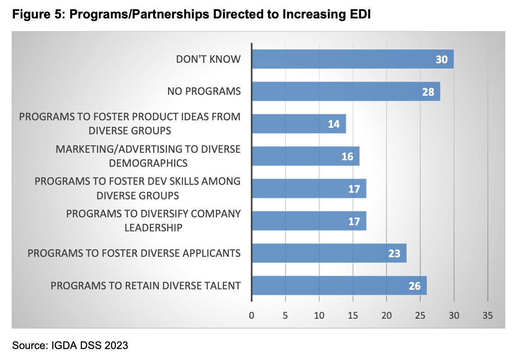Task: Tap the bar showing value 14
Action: [x=298, y=124]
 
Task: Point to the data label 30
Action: [x=442, y=59]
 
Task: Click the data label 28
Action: [x=428, y=92]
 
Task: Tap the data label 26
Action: [x=415, y=286]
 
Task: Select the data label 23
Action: [x=394, y=254]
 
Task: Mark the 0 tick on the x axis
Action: [x=251, y=315]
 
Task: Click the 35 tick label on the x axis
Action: [x=488, y=315]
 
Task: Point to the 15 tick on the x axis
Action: [x=353, y=315]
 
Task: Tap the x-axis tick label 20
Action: [x=386, y=315]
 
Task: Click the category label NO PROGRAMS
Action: [x=204, y=91]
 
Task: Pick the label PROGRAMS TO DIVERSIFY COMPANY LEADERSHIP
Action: [x=153, y=221]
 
